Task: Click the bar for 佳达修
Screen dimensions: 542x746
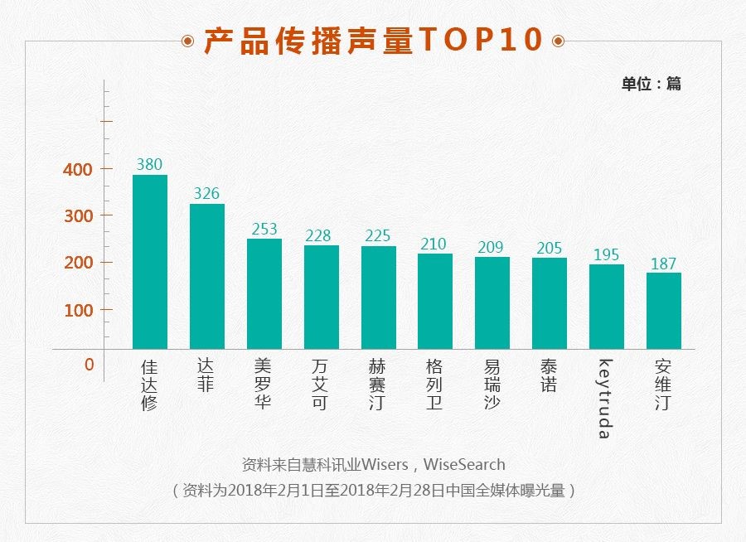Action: click(x=150, y=262)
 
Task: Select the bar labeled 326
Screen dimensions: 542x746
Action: click(x=207, y=276)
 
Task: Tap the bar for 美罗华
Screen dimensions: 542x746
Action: click(x=264, y=293)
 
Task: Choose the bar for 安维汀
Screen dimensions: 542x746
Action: click(x=664, y=311)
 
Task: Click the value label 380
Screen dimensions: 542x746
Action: click(x=149, y=164)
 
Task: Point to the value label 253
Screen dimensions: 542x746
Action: click(x=264, y=229)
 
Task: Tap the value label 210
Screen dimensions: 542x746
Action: click(x=433, y=244)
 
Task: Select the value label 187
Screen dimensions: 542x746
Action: click(x=663, y=264)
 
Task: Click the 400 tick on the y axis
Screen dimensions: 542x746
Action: click(x=77, y=169)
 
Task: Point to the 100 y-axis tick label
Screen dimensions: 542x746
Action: click(x=77, y=310)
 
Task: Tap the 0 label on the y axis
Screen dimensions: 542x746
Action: click(x=89, y=364)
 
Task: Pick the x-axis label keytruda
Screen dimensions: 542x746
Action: click(x=605, y=399)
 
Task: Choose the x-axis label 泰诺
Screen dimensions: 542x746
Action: click(x=549, y=375)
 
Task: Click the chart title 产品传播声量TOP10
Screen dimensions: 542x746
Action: click(x=373, y=41)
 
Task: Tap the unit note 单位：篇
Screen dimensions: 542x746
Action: click(x=651, y=84)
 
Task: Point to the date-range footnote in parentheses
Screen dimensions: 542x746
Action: click(x=373, y=490)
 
